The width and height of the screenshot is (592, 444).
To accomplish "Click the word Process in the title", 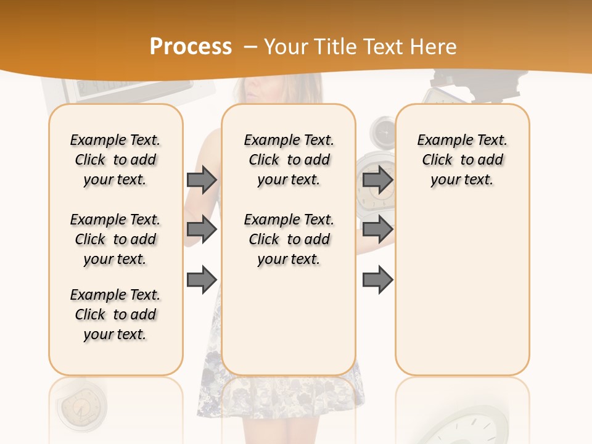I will click(x=191, y=47).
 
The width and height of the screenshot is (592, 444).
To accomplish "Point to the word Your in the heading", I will click(x=287, y=47).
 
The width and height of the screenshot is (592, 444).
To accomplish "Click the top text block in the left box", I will click(x=115, y=160).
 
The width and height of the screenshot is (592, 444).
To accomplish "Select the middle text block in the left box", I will click(x=115, y=239).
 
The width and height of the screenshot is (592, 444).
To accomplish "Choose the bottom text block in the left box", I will click(x=115, y=314).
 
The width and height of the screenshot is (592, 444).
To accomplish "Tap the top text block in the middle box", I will click(x=289, y=160).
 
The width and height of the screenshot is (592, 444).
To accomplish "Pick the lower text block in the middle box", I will click(x=289, y=239).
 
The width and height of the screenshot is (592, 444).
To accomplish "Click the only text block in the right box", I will click(x=462, y=160).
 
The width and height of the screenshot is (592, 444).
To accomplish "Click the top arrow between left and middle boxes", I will click(x=202, y=180).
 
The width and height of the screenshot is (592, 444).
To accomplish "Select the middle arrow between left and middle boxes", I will click(x=202, y=229).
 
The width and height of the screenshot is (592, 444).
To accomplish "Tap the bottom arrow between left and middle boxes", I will click(x=202, y=279).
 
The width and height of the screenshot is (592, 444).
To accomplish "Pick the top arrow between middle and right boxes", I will click(x=377, y=180).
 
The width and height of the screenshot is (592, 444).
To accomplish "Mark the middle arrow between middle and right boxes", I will click(x=377, y=229).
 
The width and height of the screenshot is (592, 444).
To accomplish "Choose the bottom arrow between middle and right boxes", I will click(x=377, y=279).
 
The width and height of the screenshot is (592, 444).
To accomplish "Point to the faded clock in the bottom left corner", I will click(x=78, y=407).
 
